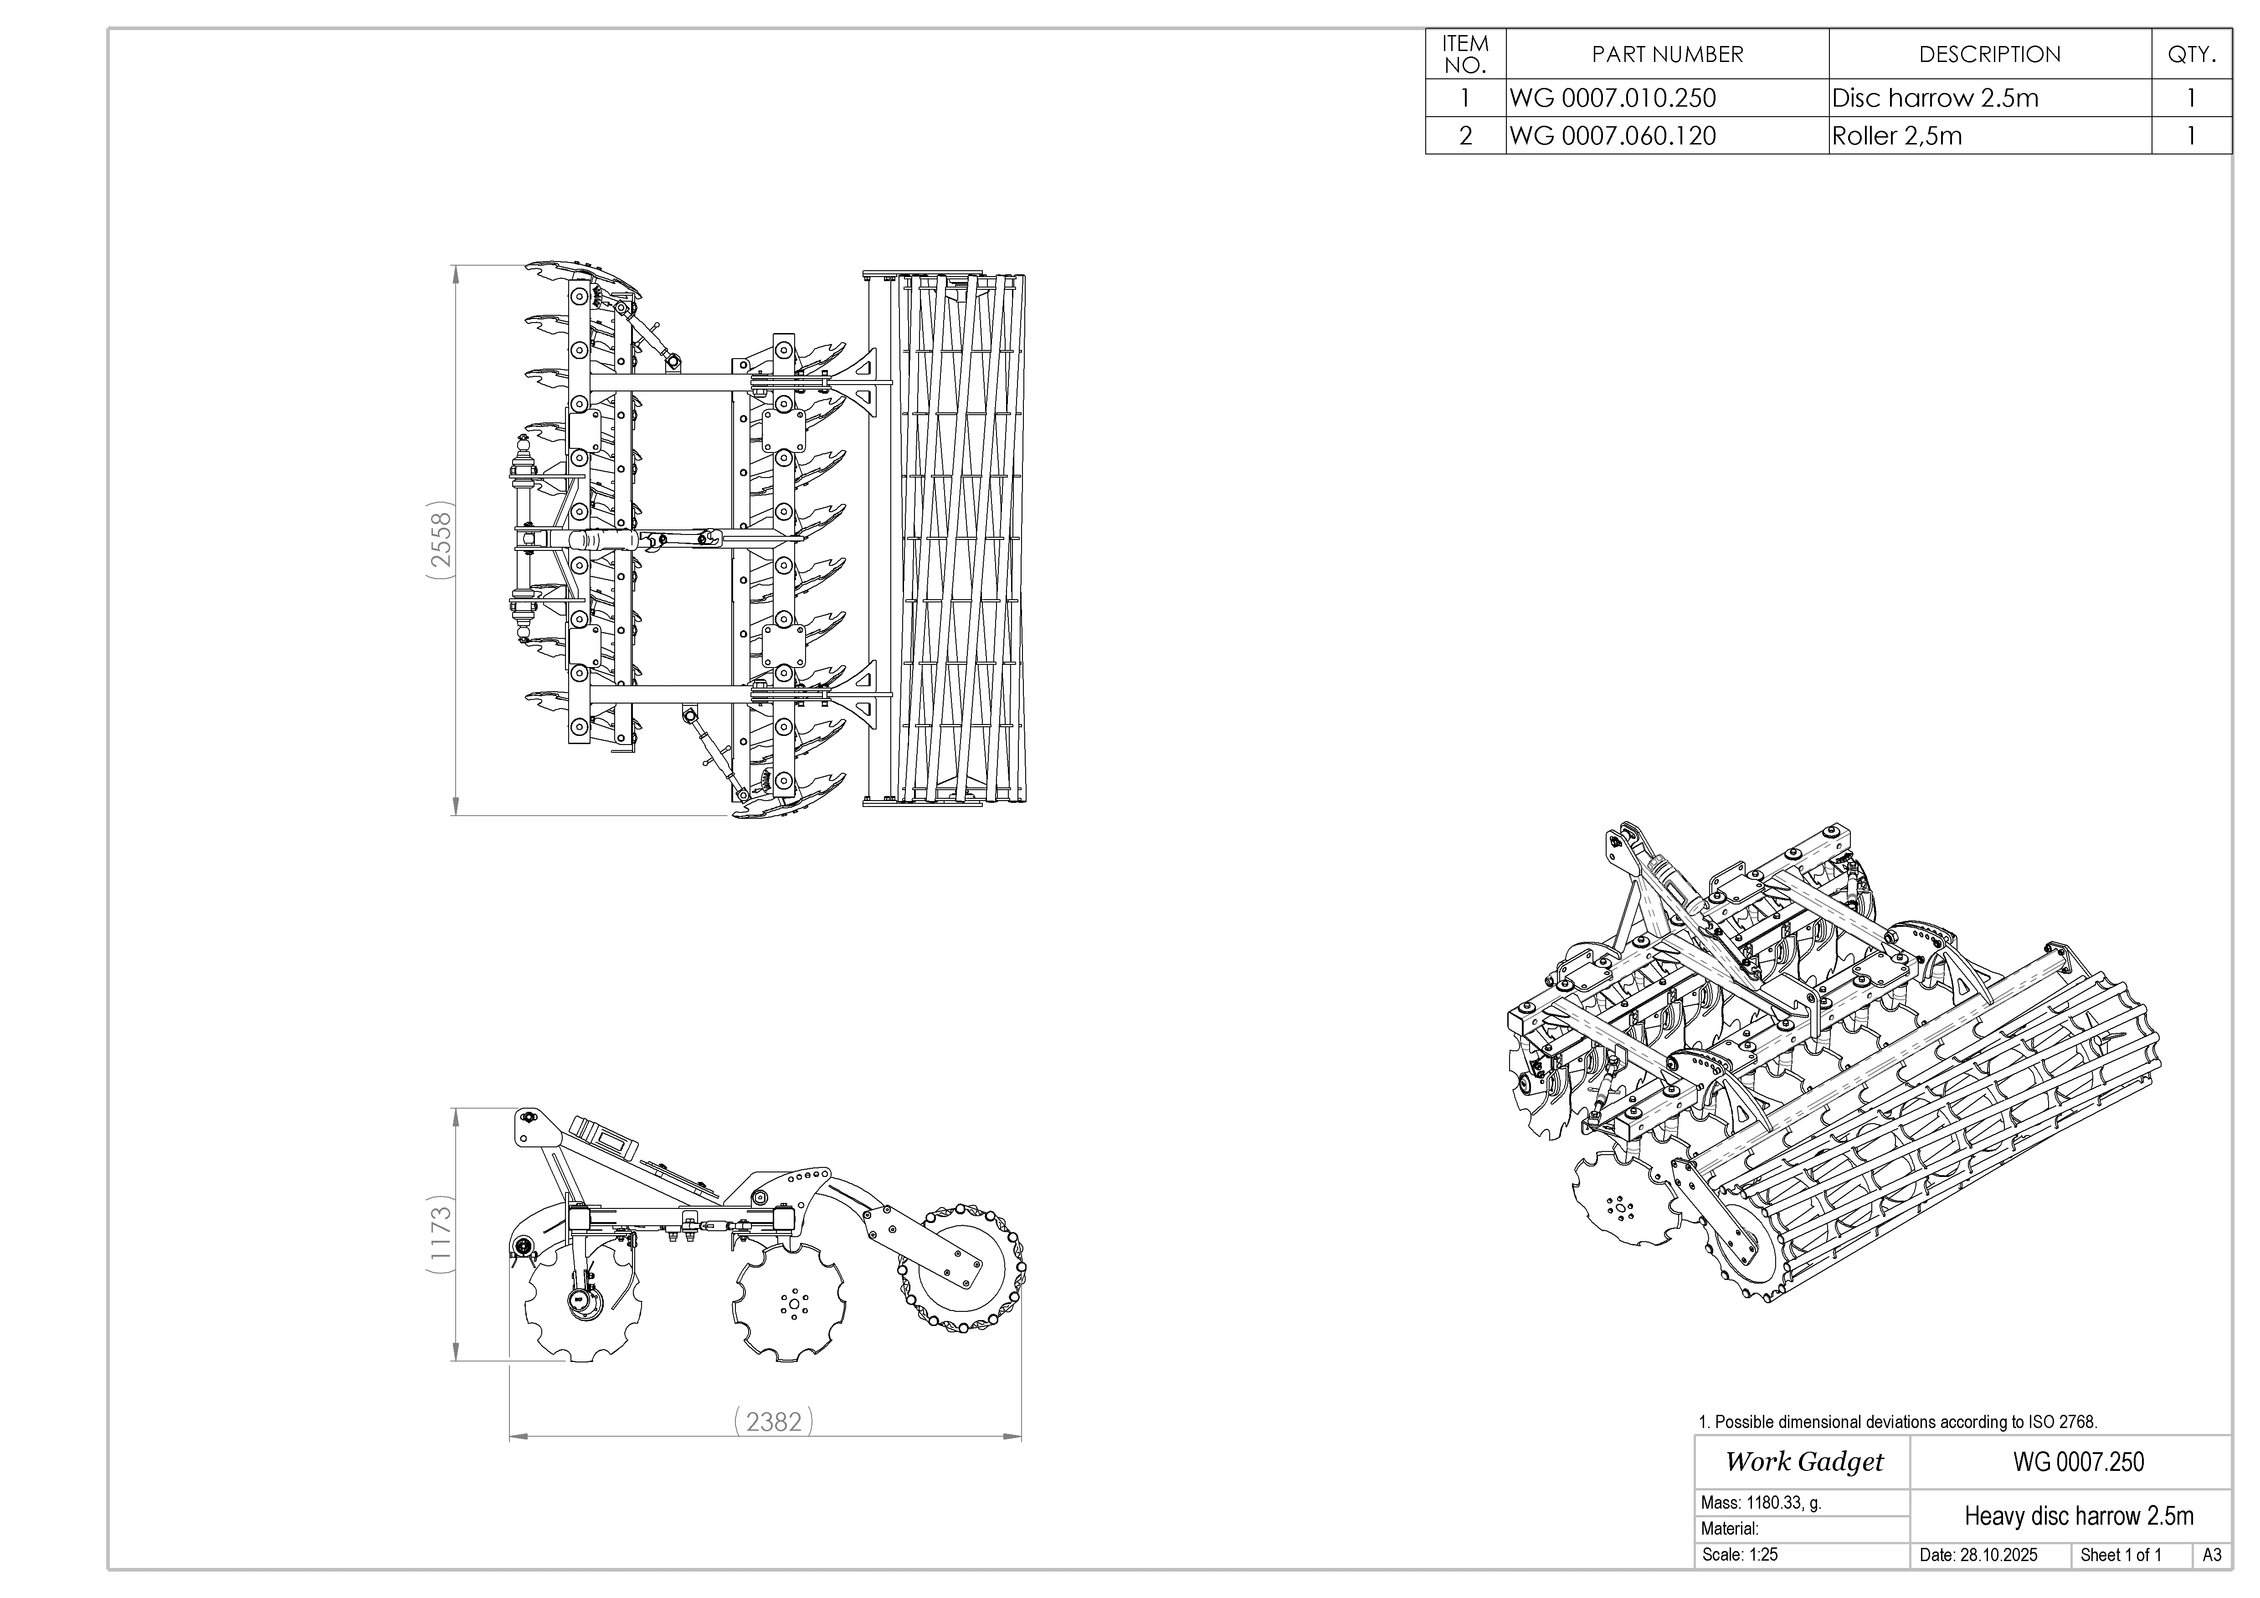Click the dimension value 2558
[441, 540]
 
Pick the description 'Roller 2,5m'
[1896, 136]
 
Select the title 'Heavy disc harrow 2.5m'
[2078, 1515]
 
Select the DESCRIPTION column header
[1989, 54]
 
